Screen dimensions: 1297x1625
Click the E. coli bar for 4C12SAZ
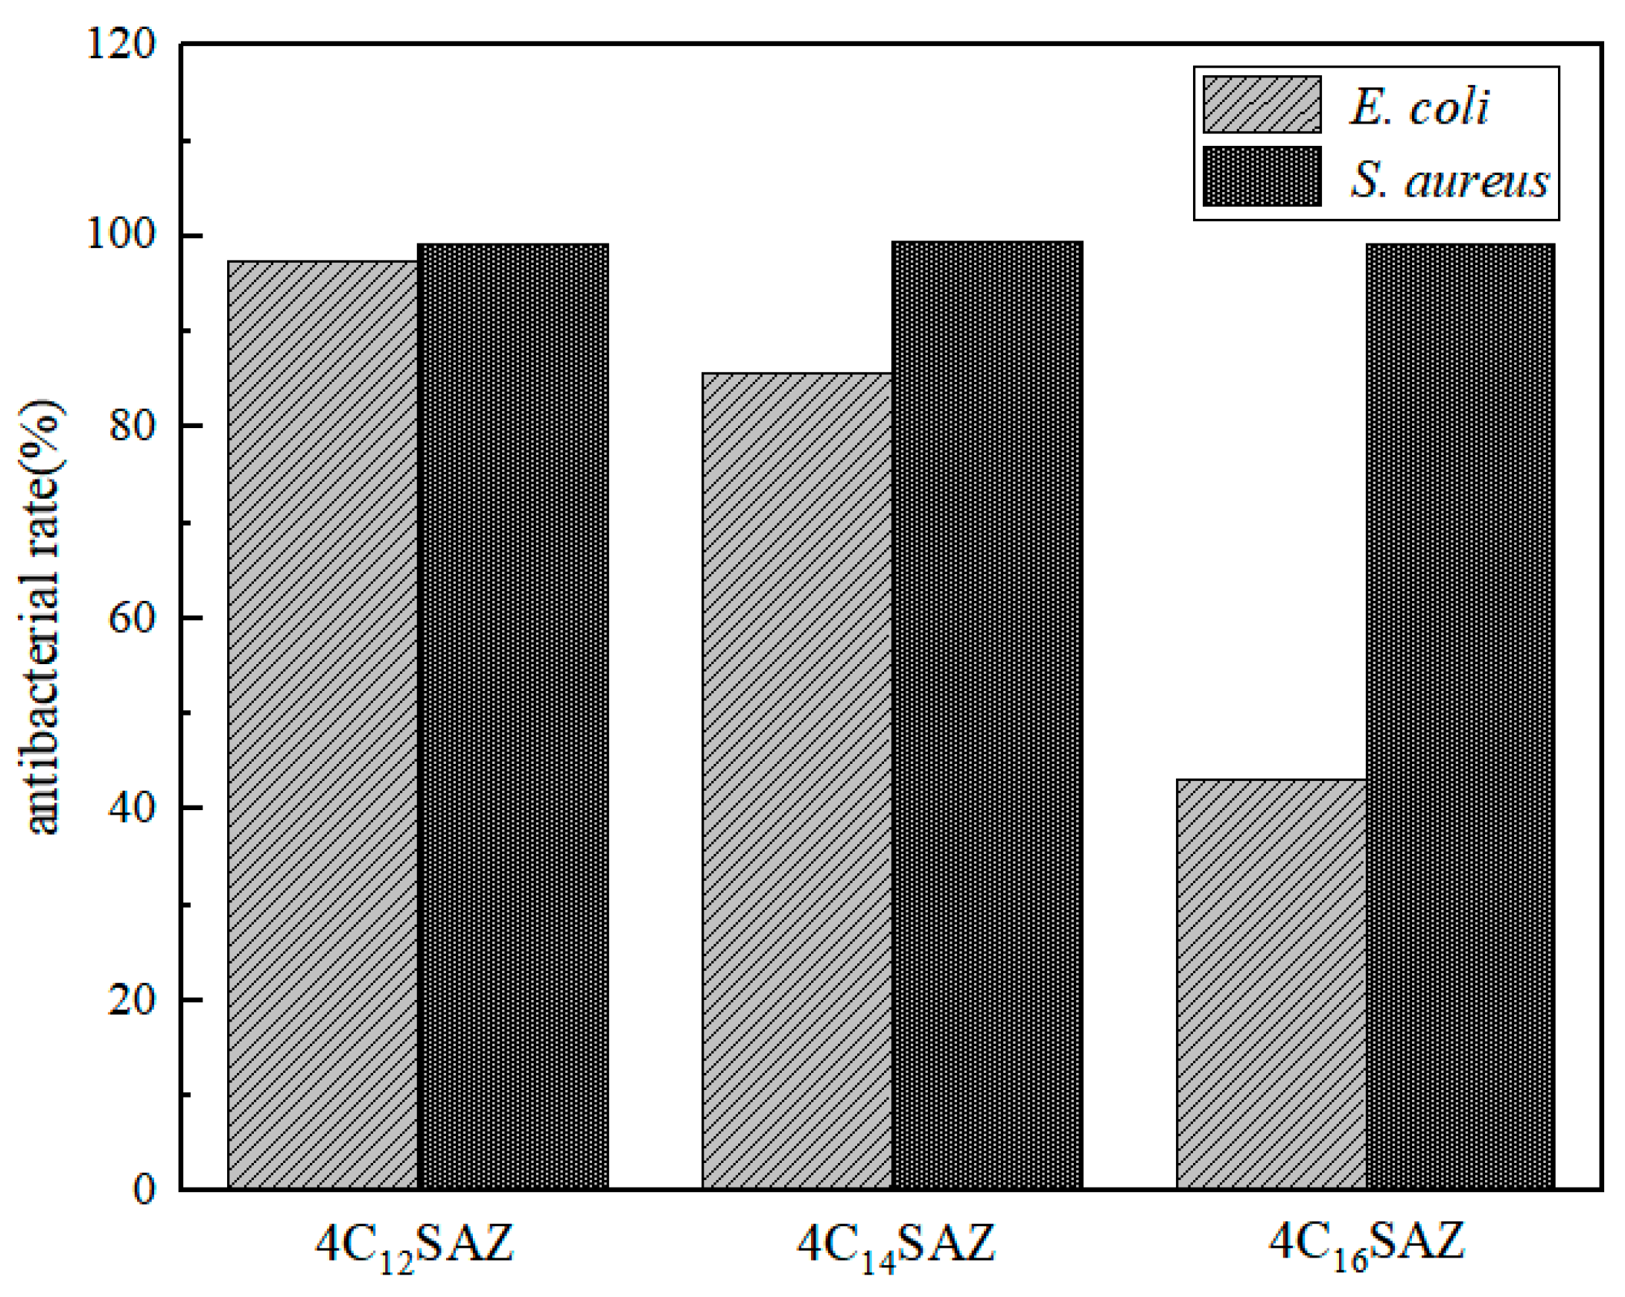[x=322, y=724]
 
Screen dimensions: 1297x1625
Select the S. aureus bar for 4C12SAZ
[x=512, y=716]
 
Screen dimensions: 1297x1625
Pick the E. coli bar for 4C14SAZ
[x=797, y=780]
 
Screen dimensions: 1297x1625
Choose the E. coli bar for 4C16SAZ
[x=1271, y=984]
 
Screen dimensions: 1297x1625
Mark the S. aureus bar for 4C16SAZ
[x=1460, y=716]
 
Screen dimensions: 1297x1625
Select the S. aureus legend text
[x=1448, y=180]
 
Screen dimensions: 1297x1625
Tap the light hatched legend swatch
[x=1262, y=105]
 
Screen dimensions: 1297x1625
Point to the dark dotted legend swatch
[x=1262, y=176]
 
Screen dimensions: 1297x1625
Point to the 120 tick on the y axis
[x=121, y=43]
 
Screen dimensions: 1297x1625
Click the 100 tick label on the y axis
[x=121, y=235]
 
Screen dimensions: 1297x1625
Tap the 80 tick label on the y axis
[x=133, y=426]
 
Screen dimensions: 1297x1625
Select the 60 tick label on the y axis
[x=133, y=618]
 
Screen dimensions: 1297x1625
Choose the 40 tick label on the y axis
[x=133, y=809]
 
